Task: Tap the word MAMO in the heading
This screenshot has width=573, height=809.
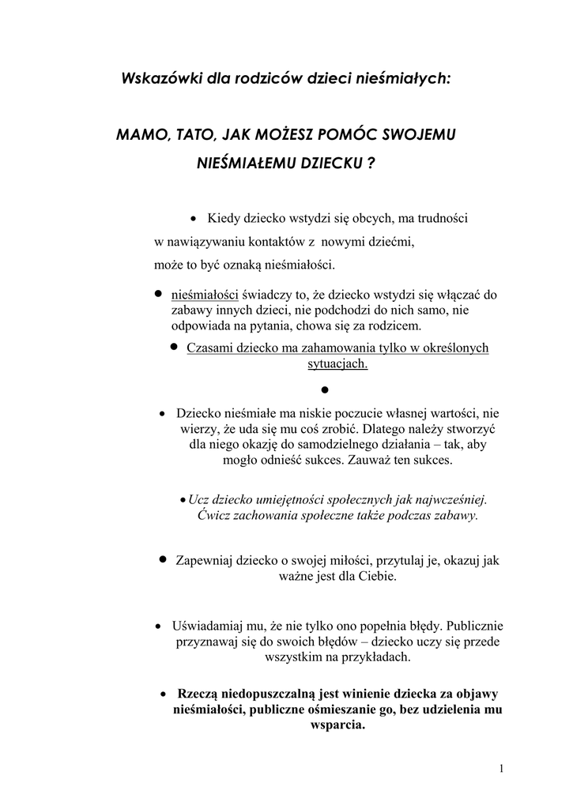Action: pyautogui.click(x=138, y=135)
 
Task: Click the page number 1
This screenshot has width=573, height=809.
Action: pyautogui.click(x=503, y=768)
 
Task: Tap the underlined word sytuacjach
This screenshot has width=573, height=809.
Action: pyautogui.click(x=337, y=364)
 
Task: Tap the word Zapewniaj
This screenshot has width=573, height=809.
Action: pyautogui.click(x=205, y=560)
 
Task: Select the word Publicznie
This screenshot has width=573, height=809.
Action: pyautogui.click(x=468, y=625)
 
